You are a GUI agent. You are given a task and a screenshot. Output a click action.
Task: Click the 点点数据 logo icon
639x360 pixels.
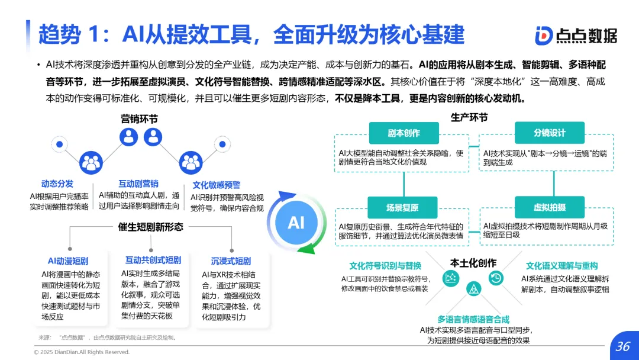[544, 36]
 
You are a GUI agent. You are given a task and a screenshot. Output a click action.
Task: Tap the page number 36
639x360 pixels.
[622, 346]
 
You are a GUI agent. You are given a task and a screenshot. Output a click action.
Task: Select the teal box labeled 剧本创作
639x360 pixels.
[404, 133]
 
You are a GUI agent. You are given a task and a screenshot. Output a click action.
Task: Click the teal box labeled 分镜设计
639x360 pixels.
[549, 133]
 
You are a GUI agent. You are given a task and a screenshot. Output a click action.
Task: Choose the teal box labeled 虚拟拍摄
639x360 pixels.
[549, 207]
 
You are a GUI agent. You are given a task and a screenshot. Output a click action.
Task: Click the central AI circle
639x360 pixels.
[296, 223]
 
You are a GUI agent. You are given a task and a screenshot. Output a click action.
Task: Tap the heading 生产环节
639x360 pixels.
[469, 117]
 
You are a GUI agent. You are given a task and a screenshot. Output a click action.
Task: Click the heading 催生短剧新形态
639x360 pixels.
[151, 227]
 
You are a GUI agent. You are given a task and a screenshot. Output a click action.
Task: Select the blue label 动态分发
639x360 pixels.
[57, 184]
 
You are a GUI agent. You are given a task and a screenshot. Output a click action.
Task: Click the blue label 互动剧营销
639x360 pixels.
[138, 184]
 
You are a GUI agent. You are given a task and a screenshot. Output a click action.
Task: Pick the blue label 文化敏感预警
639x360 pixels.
[217, 185]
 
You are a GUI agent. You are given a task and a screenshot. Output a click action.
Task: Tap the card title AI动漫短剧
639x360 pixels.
[68, 261]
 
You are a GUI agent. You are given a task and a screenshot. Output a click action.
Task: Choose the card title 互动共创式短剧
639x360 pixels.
[153, 261]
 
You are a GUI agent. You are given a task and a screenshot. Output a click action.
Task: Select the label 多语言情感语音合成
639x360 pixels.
[473, 319]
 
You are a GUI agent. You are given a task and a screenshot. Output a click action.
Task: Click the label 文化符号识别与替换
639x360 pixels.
[385, 266]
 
